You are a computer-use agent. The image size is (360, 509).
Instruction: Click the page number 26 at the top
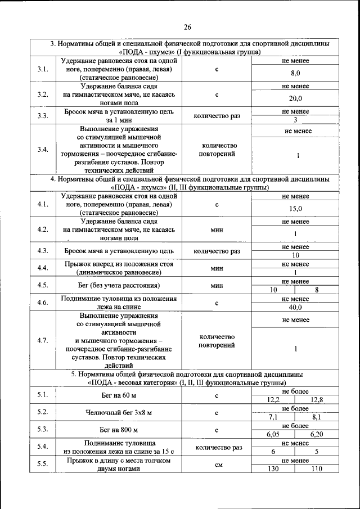(187, 26)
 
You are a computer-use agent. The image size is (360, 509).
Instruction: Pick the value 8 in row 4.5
(317, 290)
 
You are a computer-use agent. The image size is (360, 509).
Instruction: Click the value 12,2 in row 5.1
(273, 399)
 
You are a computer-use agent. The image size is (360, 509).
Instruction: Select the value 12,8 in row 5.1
(317, 399)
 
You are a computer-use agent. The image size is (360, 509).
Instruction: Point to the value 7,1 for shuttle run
(273, 417)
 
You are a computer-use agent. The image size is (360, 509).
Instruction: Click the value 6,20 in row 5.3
(317, 435)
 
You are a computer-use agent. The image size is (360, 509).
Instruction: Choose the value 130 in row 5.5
(273, 469)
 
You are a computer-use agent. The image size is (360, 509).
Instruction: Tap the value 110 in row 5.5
(317, 469)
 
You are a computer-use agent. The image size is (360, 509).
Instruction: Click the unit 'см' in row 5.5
(217, 465)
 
